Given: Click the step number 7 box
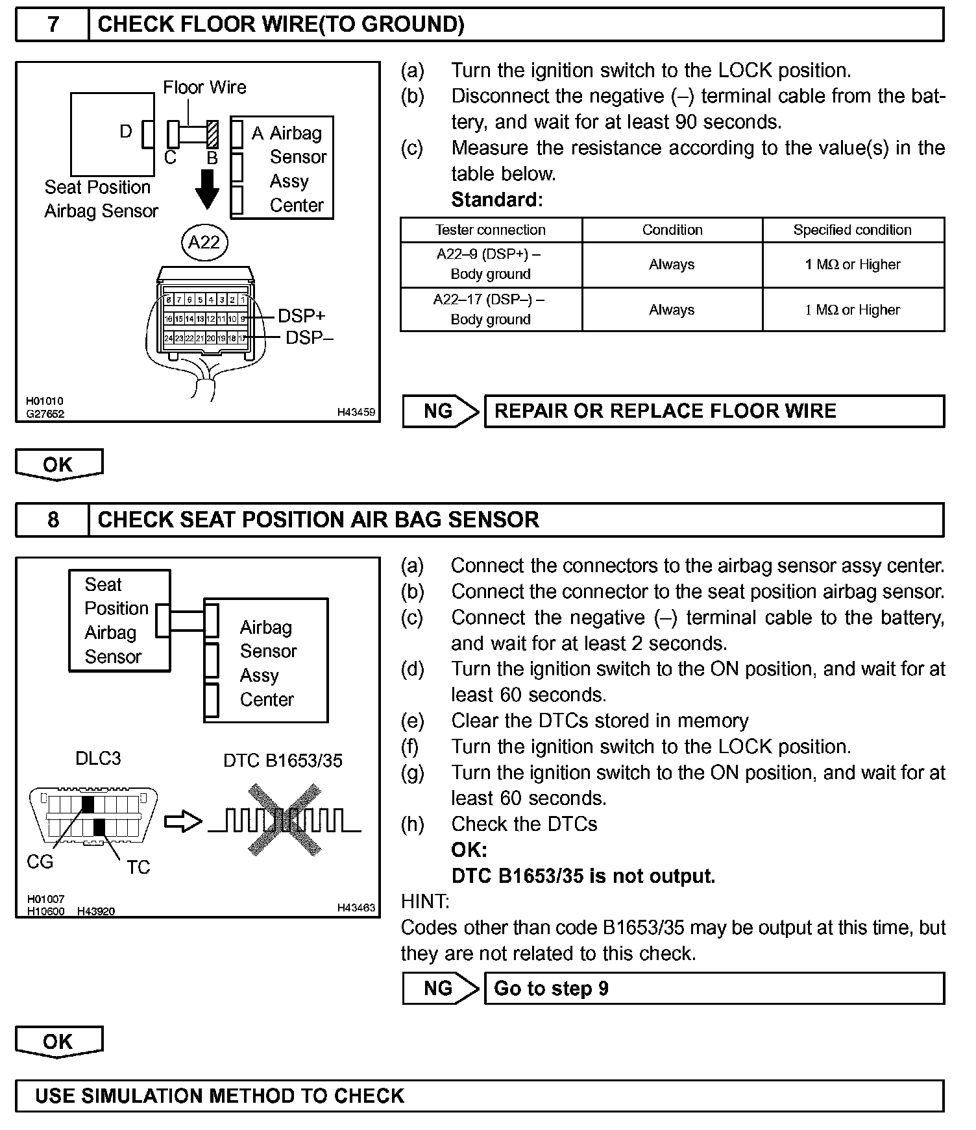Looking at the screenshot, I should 53,25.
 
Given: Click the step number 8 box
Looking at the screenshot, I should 53,520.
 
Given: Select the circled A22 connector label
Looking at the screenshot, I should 204,243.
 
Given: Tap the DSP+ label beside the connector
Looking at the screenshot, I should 301,316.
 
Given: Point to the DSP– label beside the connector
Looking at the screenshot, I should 309,337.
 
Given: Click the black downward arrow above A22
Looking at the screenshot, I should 208,189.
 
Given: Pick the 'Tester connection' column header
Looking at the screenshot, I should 491,230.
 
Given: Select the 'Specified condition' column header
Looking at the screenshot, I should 852,230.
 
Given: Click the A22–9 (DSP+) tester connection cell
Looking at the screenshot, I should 491,264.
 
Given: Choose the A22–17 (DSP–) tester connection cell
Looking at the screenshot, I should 491,309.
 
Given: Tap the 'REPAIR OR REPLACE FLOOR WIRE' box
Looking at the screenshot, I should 714,411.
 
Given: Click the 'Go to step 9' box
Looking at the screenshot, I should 714,989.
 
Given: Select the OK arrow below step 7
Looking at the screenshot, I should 58,464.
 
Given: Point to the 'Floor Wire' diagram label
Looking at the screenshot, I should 204,88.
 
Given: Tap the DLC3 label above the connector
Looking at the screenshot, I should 98,758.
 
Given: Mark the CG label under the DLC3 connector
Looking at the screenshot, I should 40,862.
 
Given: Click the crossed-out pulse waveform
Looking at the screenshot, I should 284,821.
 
